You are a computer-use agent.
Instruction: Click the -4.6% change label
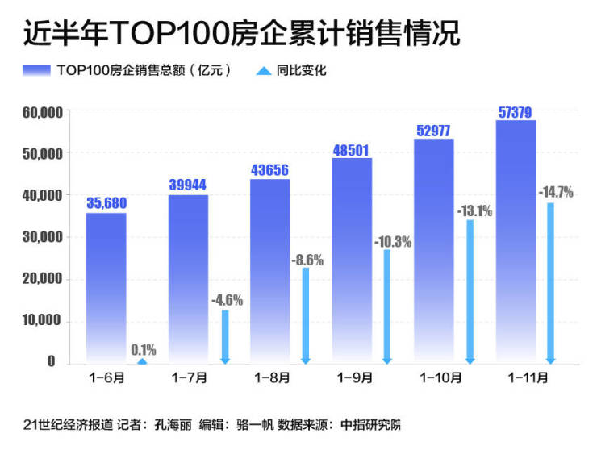point(227,300)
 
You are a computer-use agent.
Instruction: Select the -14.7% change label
point(555,192)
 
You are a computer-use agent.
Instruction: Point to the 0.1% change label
point(143,349)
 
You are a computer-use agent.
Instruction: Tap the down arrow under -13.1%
point(470,290)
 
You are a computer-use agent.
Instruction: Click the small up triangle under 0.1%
point(143,361)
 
